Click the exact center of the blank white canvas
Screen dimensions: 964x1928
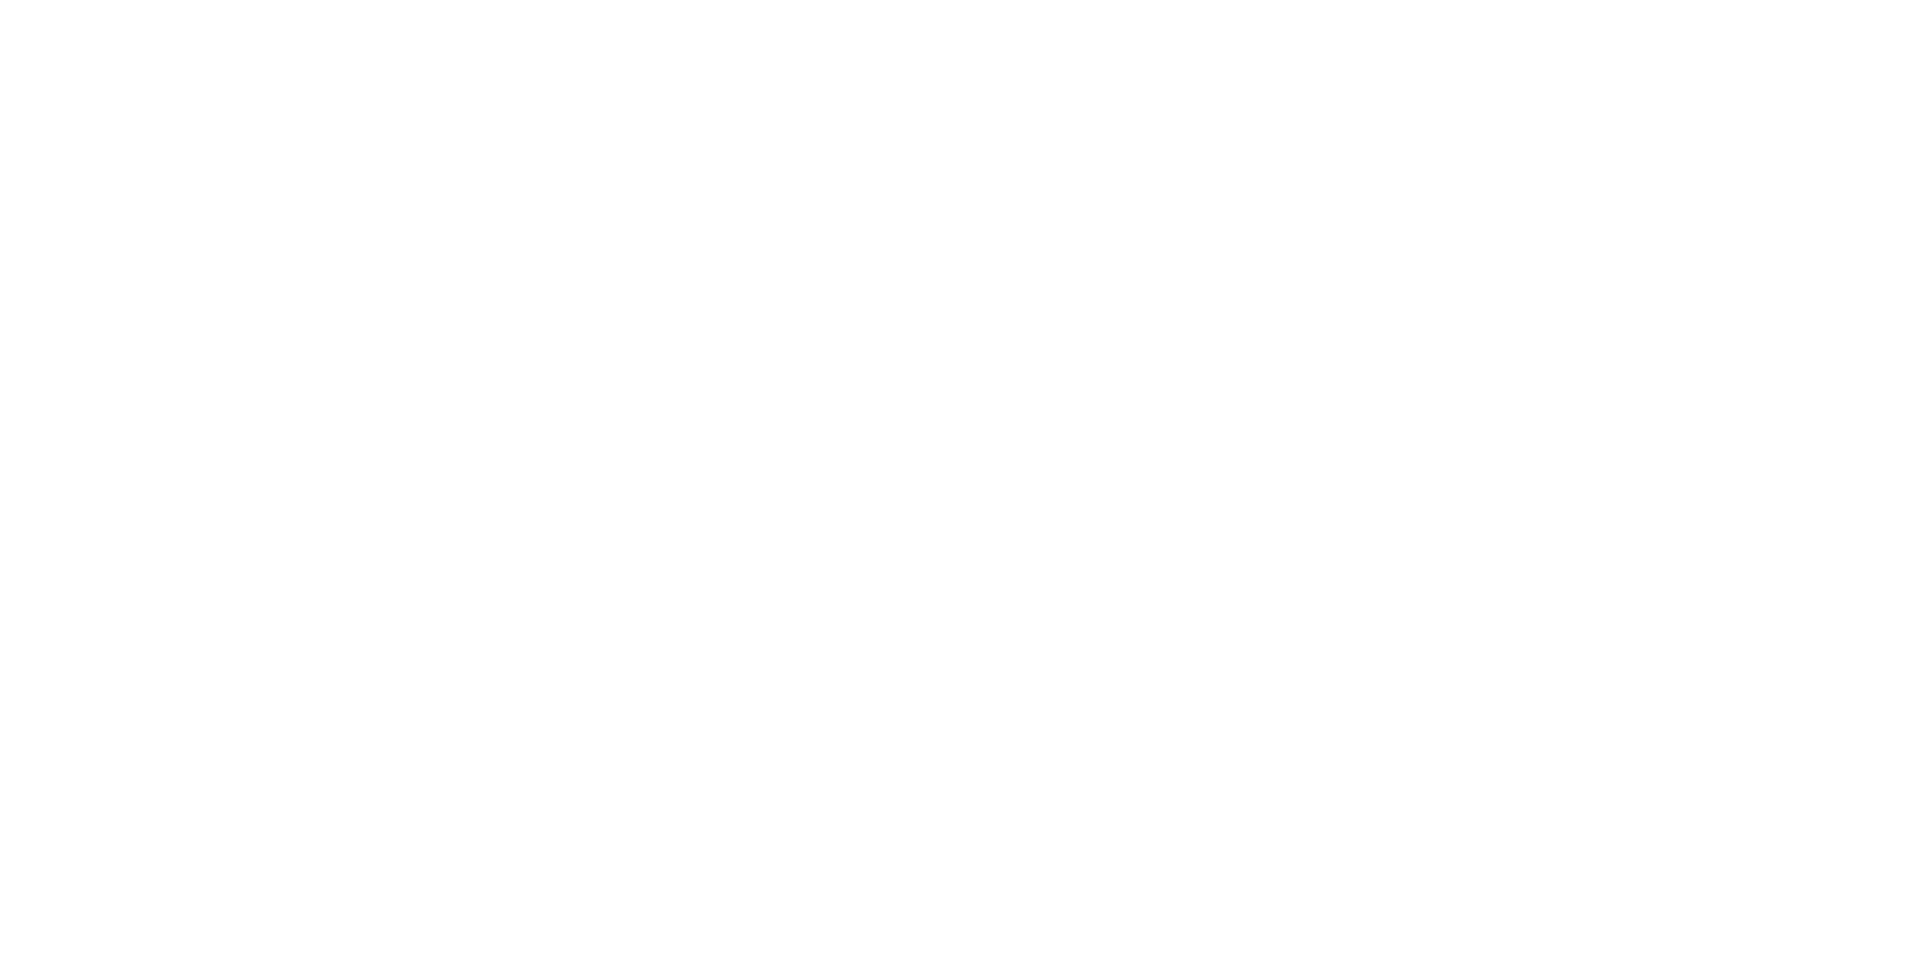pos(964,482)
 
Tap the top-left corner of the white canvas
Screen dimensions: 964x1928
pos(0,0)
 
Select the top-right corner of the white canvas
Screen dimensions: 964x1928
pos(1927,0)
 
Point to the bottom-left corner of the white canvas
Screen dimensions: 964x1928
pos(0,963)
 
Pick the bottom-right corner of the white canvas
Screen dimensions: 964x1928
pos(1927,963)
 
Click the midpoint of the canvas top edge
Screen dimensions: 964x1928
pos(964,0)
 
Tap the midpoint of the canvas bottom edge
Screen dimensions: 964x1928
pos(964,963)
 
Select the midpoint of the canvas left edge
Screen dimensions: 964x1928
pos(0,482)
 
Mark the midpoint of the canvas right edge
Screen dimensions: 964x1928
pos(1927,482)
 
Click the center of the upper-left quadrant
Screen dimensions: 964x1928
pos(482,241)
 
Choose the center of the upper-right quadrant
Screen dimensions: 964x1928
pos(1446,241)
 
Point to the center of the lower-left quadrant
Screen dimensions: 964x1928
pos(482,723)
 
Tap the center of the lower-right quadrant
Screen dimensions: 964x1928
pos(1446,723)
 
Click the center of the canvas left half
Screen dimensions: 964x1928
pos(482,482)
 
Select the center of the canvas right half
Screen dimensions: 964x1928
pos(1446,482)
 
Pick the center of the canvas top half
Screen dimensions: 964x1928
pos(964,241)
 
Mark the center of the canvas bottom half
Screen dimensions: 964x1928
pos(964,723)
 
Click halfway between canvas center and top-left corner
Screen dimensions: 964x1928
pos(482,241)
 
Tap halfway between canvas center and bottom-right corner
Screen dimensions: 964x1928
pos(1446,723)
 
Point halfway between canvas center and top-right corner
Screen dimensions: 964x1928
pos(1446,241)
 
